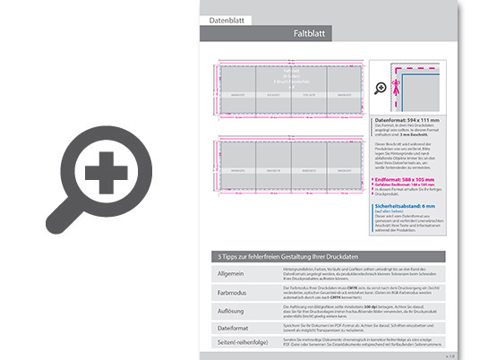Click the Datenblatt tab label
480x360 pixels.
(227, 19)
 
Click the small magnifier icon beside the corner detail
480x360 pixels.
(379, 87)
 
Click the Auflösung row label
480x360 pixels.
(231, 310)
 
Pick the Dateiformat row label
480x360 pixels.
(233, 328)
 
